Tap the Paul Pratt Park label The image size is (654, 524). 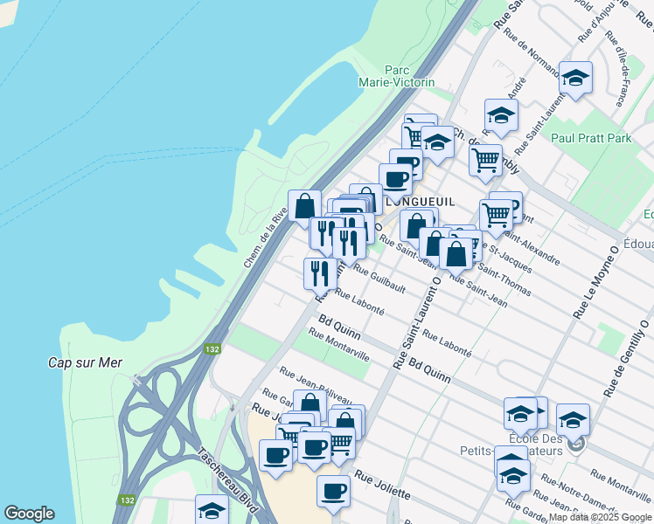[x=591, y=138]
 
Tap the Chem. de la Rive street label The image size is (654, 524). [x=266, y=236]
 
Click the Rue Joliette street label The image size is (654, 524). [x=382, y=487]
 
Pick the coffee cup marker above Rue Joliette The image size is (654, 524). [x=333, y=492]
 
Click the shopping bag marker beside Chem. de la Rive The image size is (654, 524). [x=305, y=207]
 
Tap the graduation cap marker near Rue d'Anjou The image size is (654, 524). [x=575, y=78]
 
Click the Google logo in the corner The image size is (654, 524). [x=30, y=514]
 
